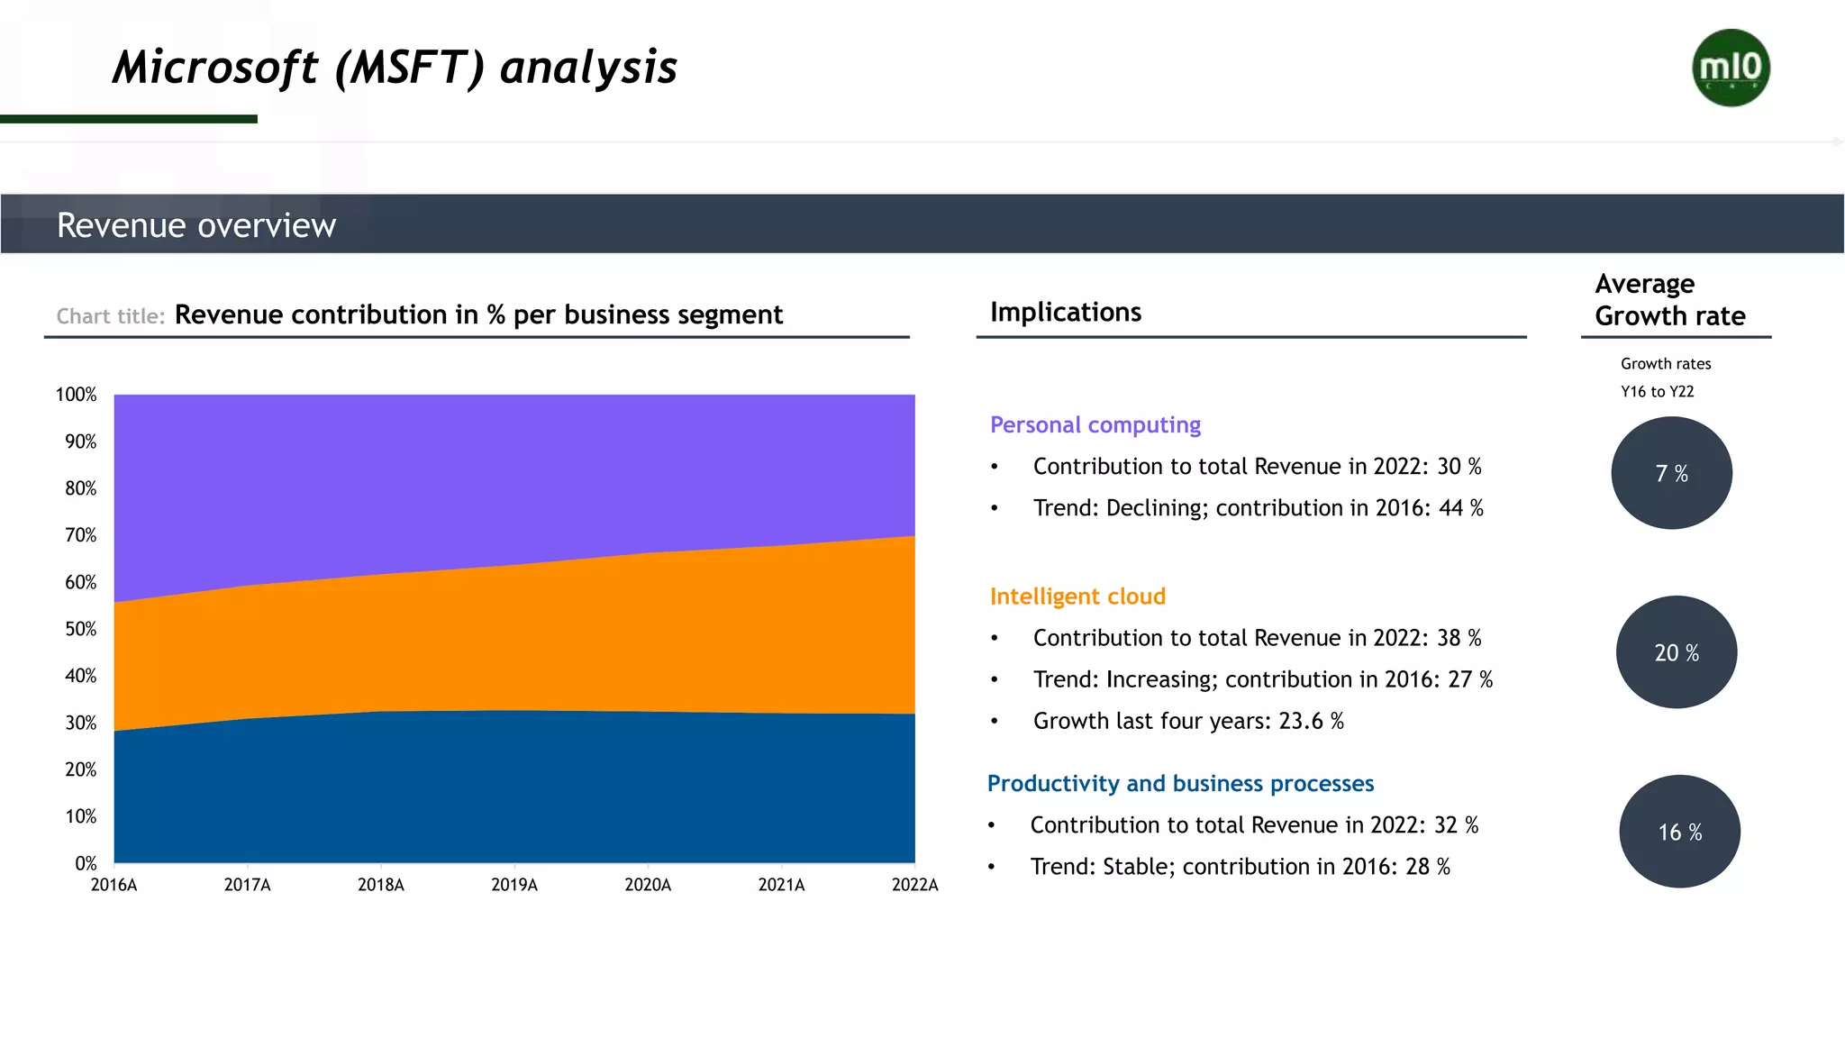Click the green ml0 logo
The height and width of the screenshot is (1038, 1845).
1731,68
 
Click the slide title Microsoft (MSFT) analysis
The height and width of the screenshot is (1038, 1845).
395,68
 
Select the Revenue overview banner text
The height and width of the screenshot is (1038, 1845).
196,225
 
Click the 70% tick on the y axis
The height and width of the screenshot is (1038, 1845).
80,535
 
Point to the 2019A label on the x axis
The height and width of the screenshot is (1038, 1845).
514,885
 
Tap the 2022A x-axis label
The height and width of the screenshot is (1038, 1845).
914,885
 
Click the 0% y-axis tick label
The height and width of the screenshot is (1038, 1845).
86,863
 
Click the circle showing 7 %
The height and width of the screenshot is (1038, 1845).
1671,473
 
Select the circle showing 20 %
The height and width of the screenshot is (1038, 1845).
1676,652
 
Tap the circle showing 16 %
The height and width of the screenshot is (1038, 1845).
1679,832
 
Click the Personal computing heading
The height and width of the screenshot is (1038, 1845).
1095,424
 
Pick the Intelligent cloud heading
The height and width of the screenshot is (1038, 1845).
1077,596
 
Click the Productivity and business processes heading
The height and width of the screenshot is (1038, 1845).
1180,783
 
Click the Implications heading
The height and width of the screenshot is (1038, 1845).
1066,312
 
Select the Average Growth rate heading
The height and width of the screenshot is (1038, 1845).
1669,300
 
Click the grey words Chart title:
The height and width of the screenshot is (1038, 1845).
110,316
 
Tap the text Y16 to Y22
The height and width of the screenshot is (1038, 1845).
1657,392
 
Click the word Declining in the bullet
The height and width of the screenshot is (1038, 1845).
1156,508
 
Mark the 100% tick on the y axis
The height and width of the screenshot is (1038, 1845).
76,395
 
